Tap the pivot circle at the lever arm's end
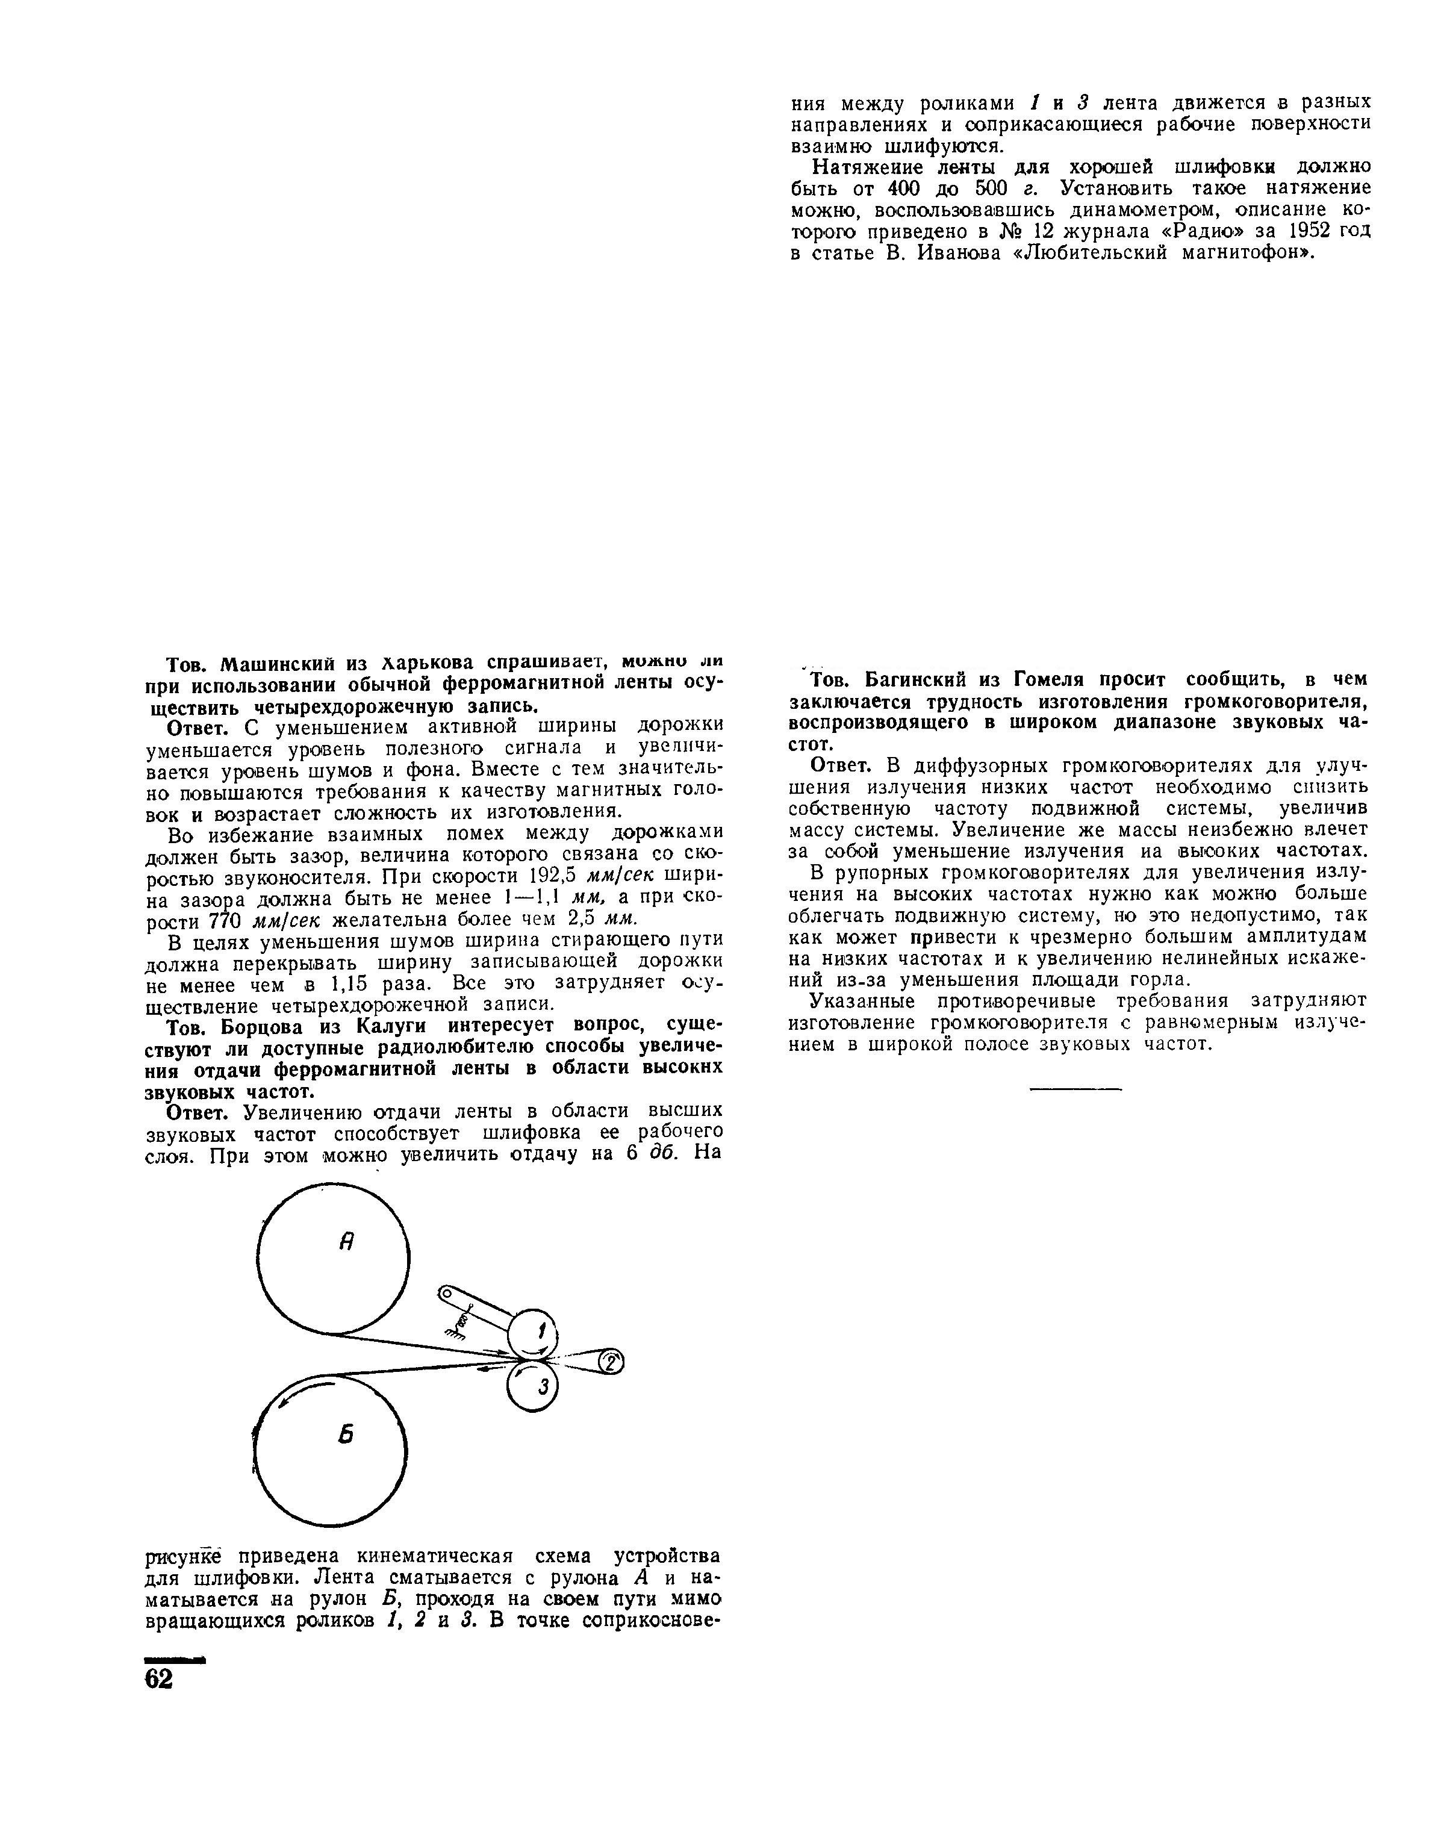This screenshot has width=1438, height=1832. [x=447, y=1292]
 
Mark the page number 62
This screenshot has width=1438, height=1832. [x=159, y=1678]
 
